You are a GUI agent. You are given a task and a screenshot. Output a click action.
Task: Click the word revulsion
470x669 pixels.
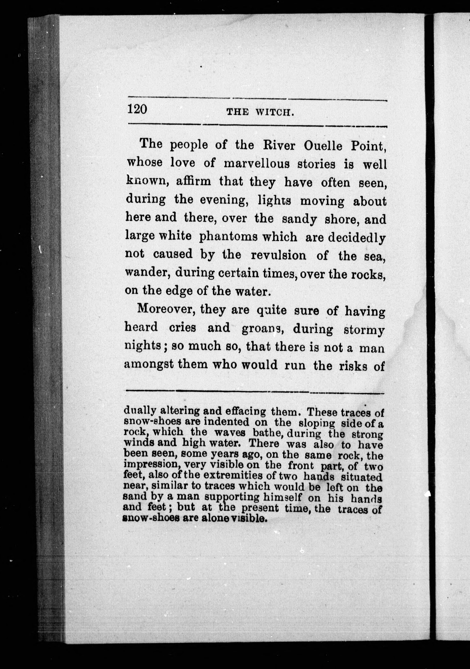pos(278,255)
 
